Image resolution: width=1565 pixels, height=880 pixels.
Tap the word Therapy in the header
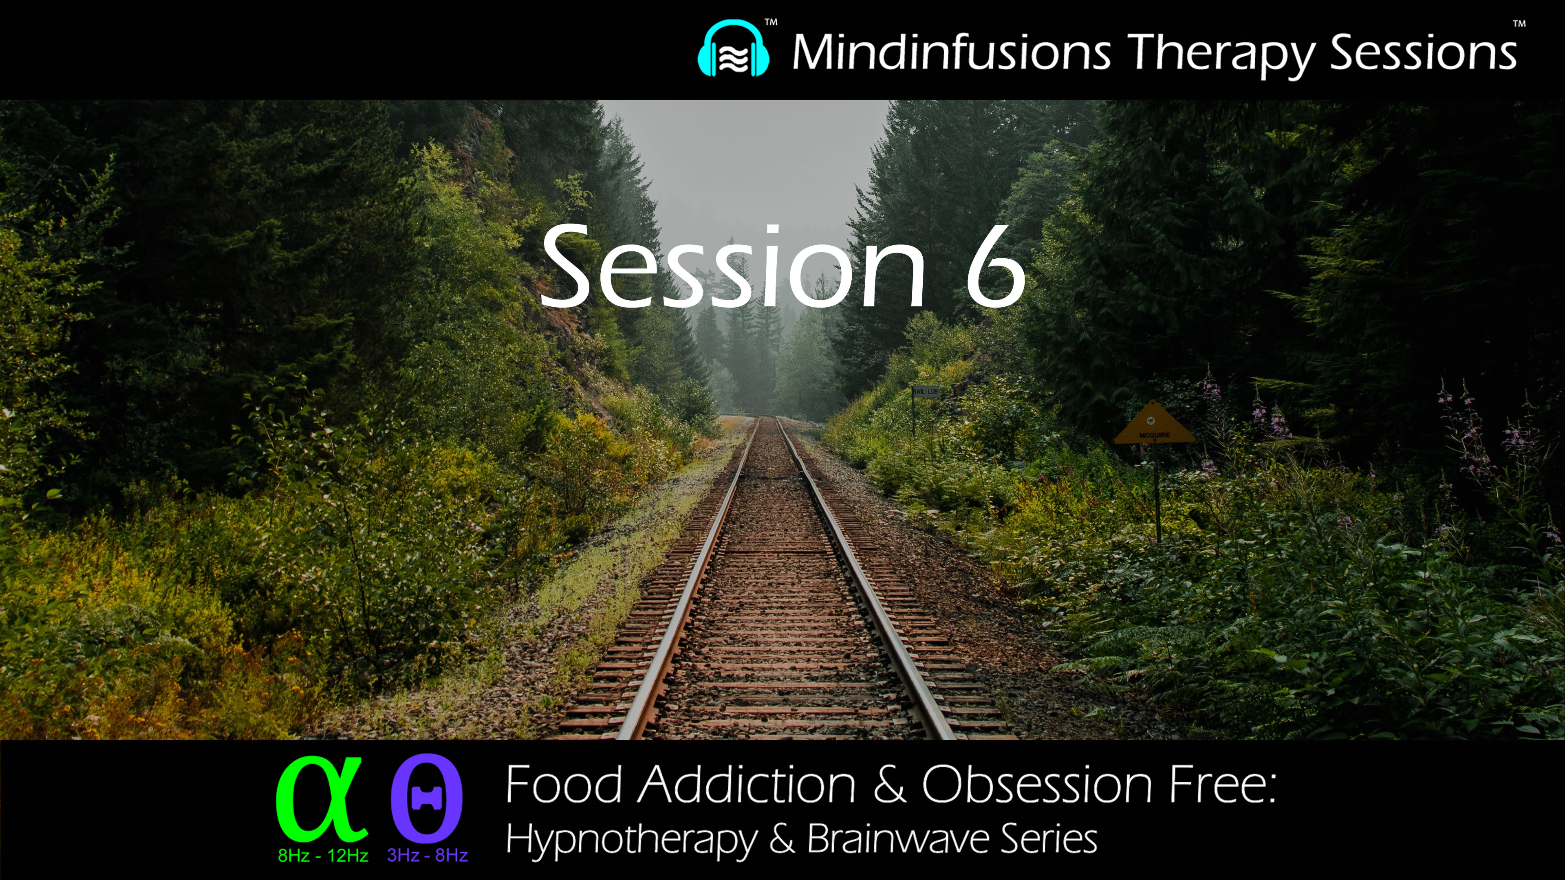coord(1221,53)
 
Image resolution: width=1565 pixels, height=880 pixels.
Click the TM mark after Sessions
coord(1519,24)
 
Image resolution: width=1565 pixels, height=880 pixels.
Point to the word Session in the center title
coord(732,267)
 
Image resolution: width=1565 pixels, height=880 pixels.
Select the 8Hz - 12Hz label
coord(323,856)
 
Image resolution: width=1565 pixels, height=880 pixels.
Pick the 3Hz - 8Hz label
coord(427,856)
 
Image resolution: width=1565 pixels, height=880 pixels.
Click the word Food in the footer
coord(564,785)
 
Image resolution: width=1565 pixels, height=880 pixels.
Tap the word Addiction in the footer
coord(748,785)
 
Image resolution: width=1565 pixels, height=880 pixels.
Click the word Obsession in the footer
coord(1036,785)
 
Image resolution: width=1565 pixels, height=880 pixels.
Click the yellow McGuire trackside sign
coord(1154,425)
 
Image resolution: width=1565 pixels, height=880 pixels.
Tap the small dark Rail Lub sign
coord(925,392)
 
